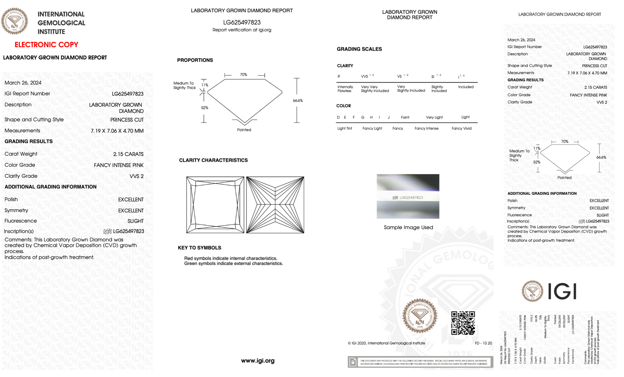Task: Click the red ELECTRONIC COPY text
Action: [46, 45]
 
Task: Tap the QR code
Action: [463, 323]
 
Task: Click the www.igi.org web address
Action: [257, 361]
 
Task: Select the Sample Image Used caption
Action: [408, 227]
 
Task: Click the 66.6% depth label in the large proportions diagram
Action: [298, 101]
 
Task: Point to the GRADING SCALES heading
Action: [359, 49]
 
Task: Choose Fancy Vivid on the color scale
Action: [461, 128]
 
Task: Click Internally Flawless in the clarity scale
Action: [345, 89]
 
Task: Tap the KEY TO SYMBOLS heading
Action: [199, 248]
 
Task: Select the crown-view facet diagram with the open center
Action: [215, 205]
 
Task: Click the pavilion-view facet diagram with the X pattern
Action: [275, 205]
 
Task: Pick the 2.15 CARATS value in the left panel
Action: [128, 154]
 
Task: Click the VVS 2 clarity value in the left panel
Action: [136, 176]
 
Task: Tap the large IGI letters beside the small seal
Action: [562, 291]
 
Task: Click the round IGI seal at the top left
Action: [14, 21]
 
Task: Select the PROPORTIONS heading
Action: [195, 60]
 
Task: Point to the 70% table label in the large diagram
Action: [243, 75]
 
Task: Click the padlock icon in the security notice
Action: [353, 362]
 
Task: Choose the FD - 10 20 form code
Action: [483, 343]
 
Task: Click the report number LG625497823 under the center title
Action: [242, 22]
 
